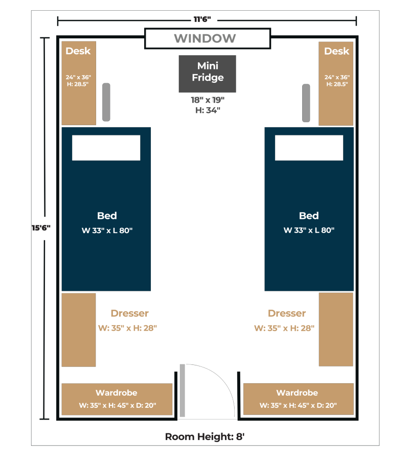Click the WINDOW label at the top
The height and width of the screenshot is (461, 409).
pyautogui.click(x=204, y=38)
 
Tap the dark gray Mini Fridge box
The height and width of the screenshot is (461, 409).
pyautogui.click(x=207, y=74)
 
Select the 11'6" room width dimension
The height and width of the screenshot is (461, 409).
pyautogui.click(x=202, y=19)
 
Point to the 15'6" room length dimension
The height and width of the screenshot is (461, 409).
pyautogui.click(x=41, y=228)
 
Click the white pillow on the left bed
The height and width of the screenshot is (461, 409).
pyautogui.click(x=106, y=148)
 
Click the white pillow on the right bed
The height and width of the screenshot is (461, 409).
pyautogui.click(x=309, y=148)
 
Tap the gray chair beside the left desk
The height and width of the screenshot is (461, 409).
pyautogui.click(x=106, y=102)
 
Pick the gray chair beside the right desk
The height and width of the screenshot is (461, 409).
pyautogui.click(x=306, y=103)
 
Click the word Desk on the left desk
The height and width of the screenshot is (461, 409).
pyautogui.click(x=78, y=51)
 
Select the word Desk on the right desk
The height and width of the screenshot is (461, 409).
pyautogui.click(x=337, y=51)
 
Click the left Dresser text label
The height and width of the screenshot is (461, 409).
pyautogui.click(x=130, y=313)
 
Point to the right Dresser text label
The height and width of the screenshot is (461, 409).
pyautogui.click(x=287, y=313)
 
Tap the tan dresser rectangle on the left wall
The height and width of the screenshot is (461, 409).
pyautogui.click(x=79, y=330)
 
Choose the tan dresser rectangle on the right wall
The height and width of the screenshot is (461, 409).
pyautogui.click(x=336, y=329)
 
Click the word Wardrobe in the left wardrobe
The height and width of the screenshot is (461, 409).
pyautogui.click(x=117, y=393)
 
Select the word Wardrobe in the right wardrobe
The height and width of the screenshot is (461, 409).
pyautogui.click(x=297, y=393)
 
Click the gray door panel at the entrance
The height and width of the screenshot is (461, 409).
pyautogui.click(x=183, y=390)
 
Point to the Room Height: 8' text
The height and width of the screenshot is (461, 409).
pyautogui.click(x=204, y=437)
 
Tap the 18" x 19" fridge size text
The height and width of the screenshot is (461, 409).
pyautogui.click(x=208, y=100)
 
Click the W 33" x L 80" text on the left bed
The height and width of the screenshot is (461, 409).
pyautogui.click(x=107, y=230)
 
